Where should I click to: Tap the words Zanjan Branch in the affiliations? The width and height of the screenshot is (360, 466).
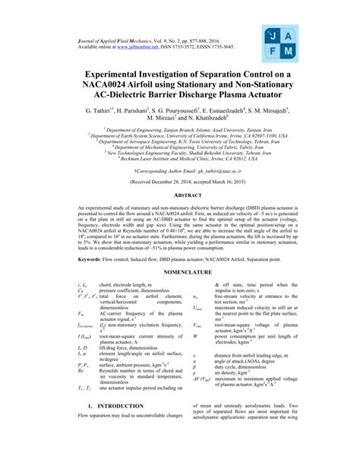pyautogui.click(x=159, y=130)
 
